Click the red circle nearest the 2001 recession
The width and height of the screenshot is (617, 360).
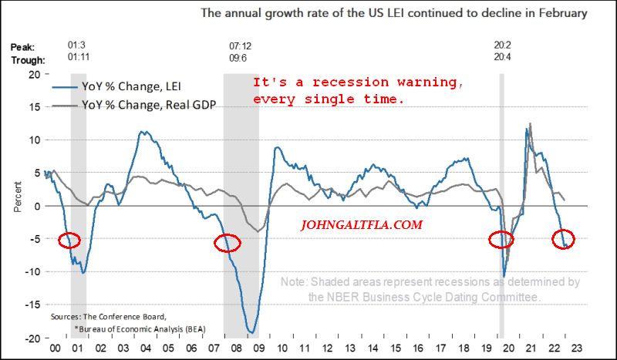pyautogui.click(x=69, y=240)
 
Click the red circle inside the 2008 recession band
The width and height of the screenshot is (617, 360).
pyautogui.click(x=228, y=243)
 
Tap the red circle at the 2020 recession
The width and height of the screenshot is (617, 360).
pyautogui.click(x=504, y=240)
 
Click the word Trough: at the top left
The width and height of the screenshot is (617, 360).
pyautogui.click(x=28, y=59)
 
